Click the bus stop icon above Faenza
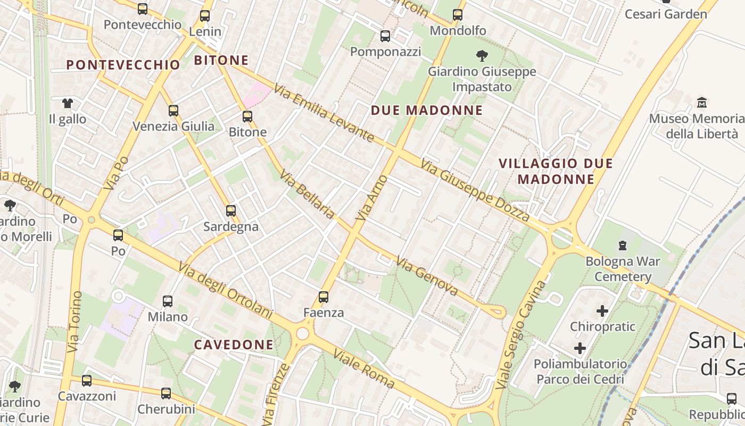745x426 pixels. (323, 297)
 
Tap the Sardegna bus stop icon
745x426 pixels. (231, 211)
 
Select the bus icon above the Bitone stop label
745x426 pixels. (247, 116)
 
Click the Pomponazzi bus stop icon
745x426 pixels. (385, 36)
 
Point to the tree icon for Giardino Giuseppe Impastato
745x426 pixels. (482, 55)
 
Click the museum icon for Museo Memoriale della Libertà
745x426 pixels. (702, 102)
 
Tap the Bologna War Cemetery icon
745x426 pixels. (622, 245)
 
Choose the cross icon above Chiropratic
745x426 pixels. (602, 310)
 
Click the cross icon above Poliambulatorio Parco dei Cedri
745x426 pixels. (580, 349)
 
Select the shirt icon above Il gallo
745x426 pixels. (68, 103)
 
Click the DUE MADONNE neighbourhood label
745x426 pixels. (427, 111)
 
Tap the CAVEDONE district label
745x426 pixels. (234, 345)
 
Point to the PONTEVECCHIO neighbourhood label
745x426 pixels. (123, 65)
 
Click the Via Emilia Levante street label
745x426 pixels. (324, 113)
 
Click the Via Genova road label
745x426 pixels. (427, 277)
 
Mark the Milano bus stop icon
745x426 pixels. (168, 301)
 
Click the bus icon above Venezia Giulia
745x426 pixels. (173, 111)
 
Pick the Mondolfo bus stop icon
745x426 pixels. (458, 15)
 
